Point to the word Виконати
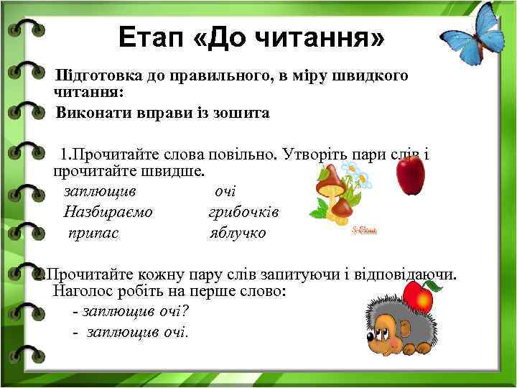pyautogui.click(x=90, y=113)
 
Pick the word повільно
pyautogui.click(x=243, y=154)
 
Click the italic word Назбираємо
pyautogui.click(x=108, y=212)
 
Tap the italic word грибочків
pyautogui.click(x=243, y=212)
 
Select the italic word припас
pyautogui.click(x=93, y=233)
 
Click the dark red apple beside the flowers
pyautogui.click(x=411, y=175)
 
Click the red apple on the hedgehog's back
pyautogui.click(x=418, y=295)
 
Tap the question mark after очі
pyautogui.click(x=184, y=312)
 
